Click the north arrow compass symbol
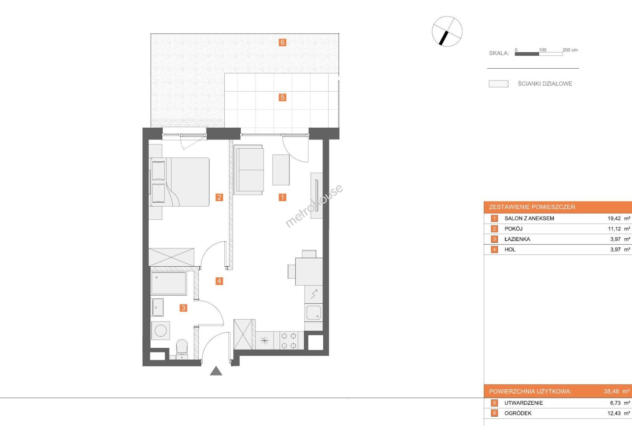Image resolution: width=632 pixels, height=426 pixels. coord(447,31)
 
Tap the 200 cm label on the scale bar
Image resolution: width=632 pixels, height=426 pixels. coord(570,50)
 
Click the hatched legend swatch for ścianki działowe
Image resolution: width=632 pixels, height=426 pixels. coord(499,84)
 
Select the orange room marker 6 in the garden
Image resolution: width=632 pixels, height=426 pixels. coord(282,42)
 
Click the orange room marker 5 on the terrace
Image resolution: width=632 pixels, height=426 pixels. coord(282,97)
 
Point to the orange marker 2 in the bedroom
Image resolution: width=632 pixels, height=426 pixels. coord(219,197)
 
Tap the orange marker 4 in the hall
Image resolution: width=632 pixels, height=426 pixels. coord(219,281)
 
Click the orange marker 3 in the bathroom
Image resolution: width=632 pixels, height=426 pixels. coord(183,308)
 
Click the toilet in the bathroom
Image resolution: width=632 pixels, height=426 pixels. coord(182,349)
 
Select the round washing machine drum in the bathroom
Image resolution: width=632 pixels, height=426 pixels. coord(160,331)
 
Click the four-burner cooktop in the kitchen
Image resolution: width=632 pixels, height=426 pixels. coord(289,340)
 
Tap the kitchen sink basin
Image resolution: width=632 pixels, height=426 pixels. coord(313,312)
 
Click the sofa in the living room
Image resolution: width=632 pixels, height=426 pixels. coord(248,170)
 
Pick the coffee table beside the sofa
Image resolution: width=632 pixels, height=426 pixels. coord(281,170)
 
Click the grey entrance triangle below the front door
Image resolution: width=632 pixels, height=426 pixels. coord(216,371)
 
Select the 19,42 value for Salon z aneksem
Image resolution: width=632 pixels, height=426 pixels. coord(614,218)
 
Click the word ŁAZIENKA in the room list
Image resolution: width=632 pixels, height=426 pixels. coord(517,239)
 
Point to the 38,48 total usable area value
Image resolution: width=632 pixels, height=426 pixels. coord(611,391)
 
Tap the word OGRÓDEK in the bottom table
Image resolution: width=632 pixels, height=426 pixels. coord(518,413)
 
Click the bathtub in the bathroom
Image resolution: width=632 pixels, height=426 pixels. coord(168,283)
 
